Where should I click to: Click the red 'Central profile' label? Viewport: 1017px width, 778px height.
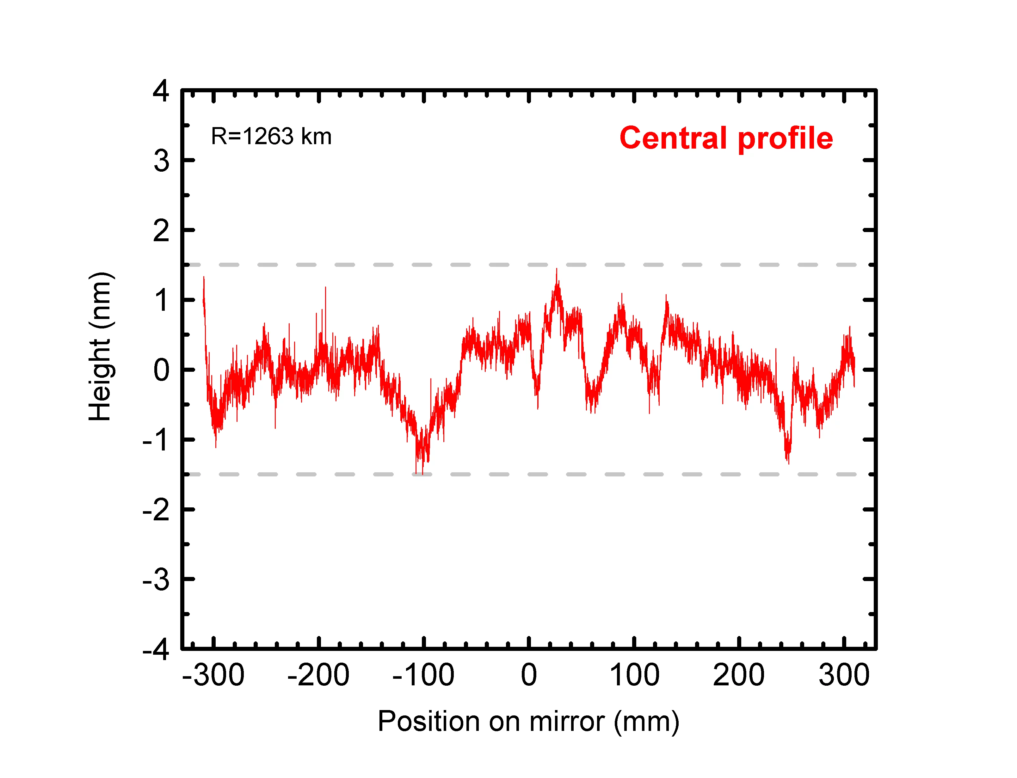(726, 138)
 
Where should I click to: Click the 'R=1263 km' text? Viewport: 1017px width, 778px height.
(271, 136)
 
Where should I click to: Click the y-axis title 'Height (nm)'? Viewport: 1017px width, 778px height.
(100, 346)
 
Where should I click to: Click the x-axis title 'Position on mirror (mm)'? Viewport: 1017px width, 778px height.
(528, 721)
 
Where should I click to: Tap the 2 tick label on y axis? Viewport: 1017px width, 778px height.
(161, 231)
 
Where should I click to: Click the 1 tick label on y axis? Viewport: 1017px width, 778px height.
(161, 300)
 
